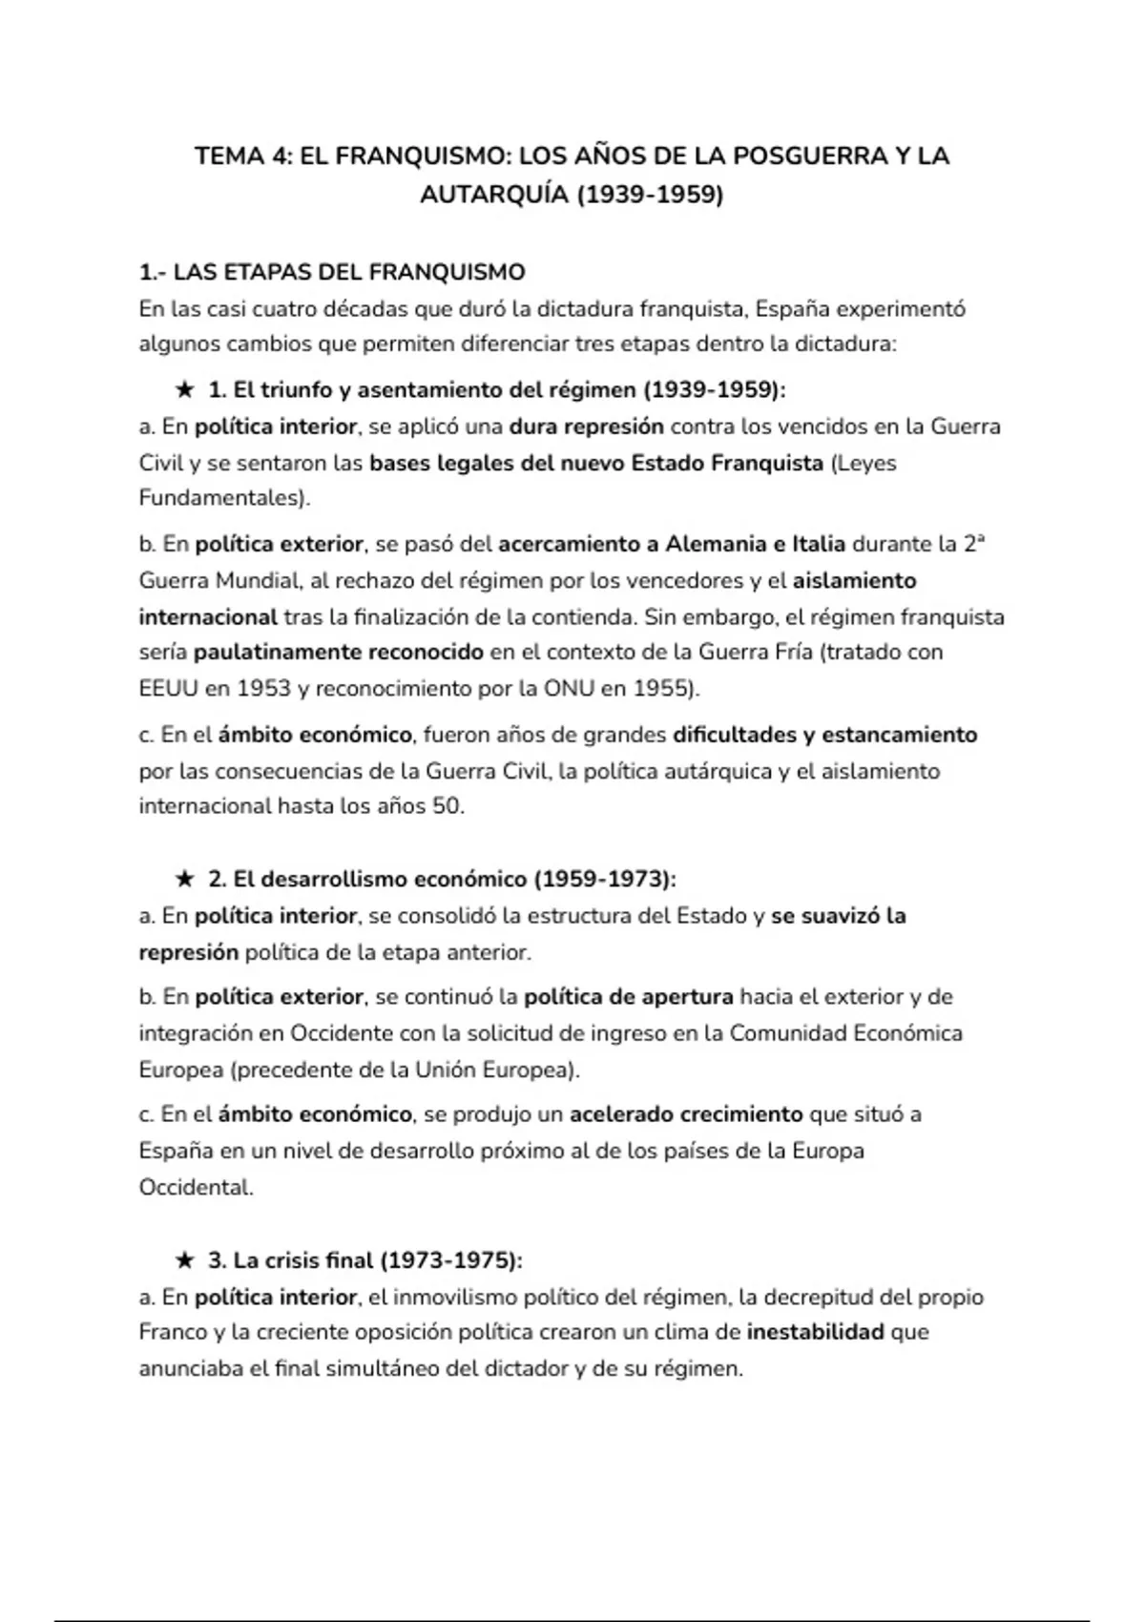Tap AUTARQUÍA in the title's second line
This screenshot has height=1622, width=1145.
495,195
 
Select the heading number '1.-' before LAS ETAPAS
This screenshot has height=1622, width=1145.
153,273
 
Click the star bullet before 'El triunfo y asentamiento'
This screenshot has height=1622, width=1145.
184,390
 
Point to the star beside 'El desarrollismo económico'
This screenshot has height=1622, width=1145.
184,879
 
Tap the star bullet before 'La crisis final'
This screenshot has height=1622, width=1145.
184,1260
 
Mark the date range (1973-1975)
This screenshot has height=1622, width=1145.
450,1260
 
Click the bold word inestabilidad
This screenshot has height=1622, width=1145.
815,1332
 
